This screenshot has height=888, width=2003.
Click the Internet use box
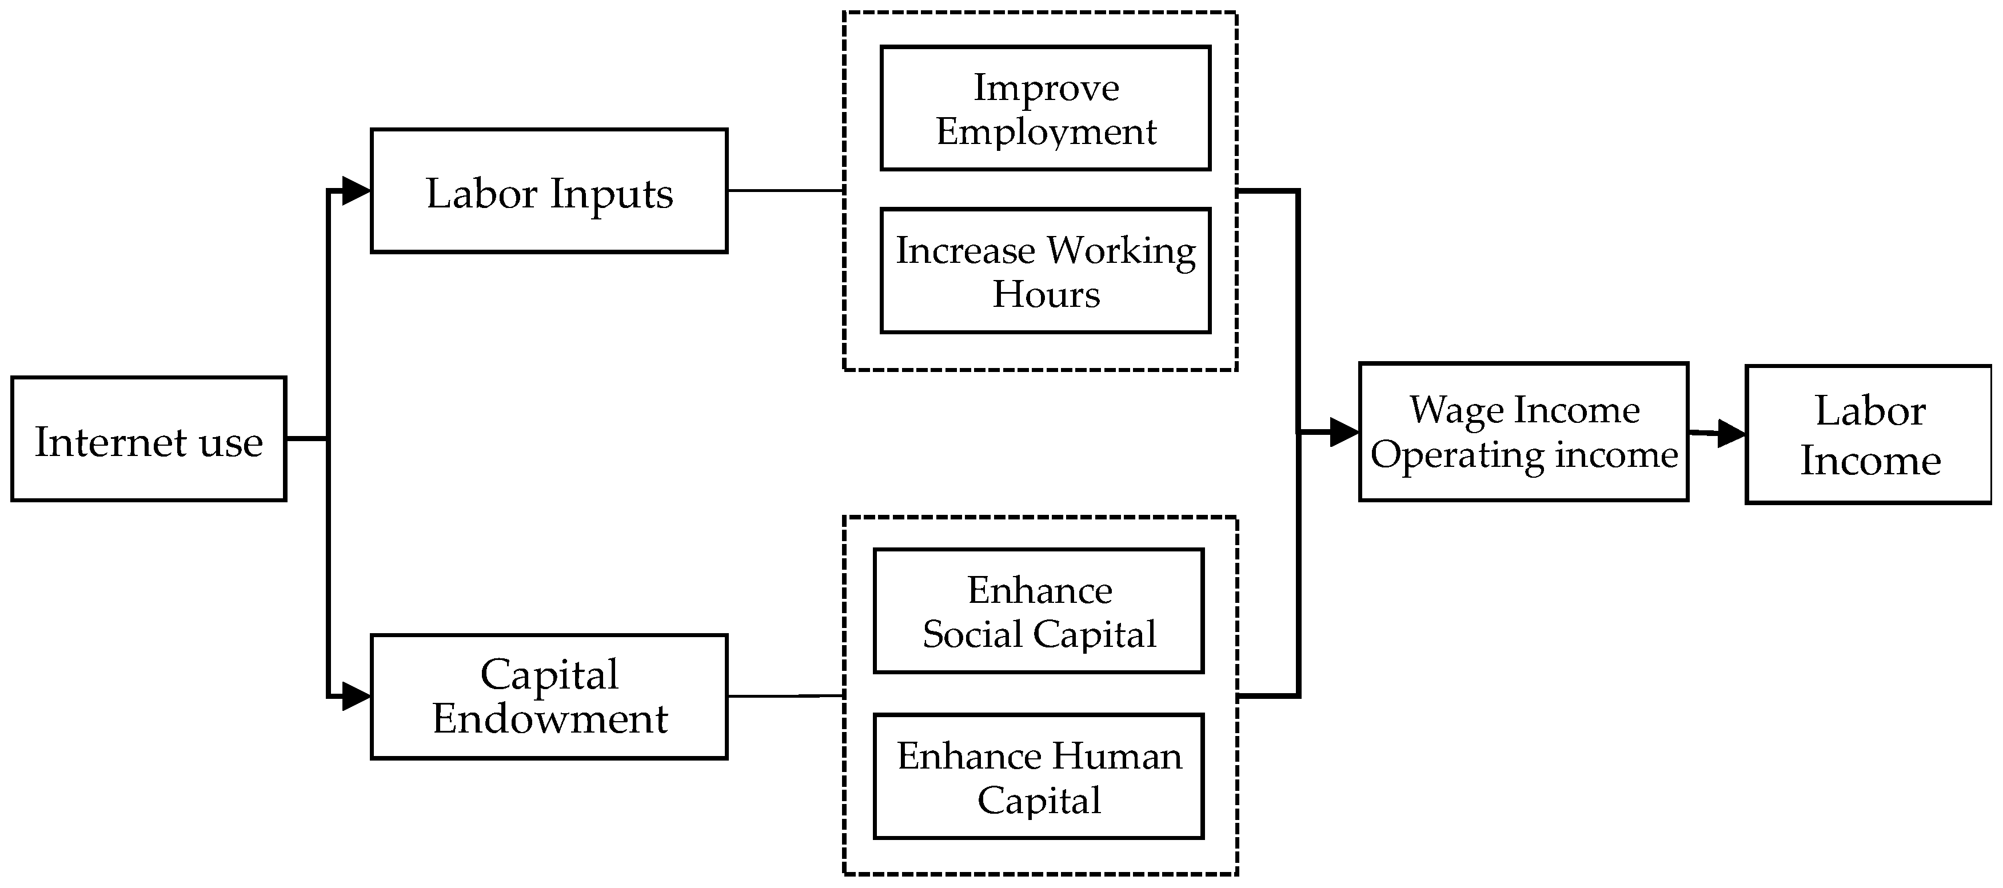(x=149, y=439)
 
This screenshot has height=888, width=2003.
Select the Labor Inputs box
(x=549, y=191)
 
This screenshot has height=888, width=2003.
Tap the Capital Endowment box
(x=549, y=697)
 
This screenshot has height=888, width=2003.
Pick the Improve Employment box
(x=1045, y=108)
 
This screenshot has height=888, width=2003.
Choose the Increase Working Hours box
(x=1045, y=271)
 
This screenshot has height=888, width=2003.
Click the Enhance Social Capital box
(x=1039, y=611)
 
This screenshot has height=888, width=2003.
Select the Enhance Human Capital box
(x=1039, y=776)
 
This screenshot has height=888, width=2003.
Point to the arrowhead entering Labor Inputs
(x=356, y=190)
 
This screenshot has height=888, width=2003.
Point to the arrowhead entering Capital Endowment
(x=356, y=696)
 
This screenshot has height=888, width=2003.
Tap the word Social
(x=972, y=634)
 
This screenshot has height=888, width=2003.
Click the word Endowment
(x=550, y=718)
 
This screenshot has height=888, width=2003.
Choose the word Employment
(x=1046, y=131)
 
